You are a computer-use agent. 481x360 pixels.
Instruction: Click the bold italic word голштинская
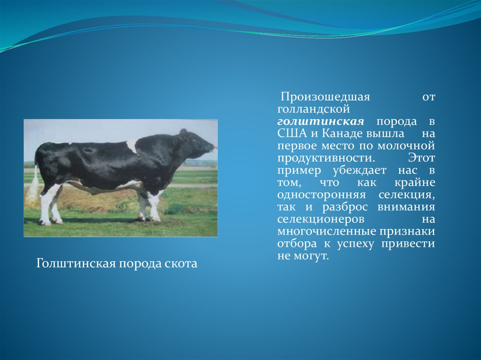[x=320, y=122]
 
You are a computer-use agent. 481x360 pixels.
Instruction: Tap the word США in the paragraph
[x=292, y=134]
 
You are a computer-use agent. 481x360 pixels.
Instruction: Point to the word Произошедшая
[x=326, y=97]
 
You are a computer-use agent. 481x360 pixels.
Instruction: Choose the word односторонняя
[x=321, y=195]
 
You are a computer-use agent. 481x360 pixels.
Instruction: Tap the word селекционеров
[x=321, y=220]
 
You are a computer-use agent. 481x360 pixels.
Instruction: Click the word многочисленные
[x=327, y=231]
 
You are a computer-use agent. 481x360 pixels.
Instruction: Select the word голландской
[x=313, y=109]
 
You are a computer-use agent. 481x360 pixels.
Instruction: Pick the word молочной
[x=406, y=146]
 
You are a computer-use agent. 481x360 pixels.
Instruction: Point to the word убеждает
[x=359, y=170]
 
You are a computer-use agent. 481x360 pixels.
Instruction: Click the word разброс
[x=345, y=207]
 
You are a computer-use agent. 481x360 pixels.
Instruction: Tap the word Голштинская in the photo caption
[x=76, y=264]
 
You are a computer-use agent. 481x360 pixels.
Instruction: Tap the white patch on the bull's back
[x=132, y=146]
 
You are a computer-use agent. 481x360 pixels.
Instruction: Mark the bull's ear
[x=183, y=133]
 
